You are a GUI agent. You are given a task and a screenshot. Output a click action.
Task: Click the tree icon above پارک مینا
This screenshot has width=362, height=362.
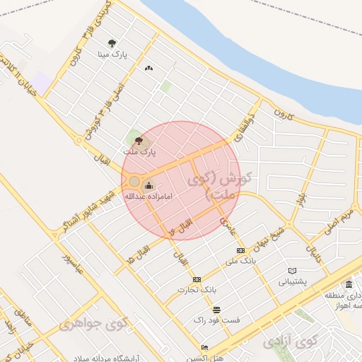click(x=112, y=44)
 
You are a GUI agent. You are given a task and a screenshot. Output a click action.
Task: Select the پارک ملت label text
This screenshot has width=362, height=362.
click(x=139, y=151)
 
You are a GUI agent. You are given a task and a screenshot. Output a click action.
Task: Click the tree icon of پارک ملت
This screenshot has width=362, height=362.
click(x=139, y=141)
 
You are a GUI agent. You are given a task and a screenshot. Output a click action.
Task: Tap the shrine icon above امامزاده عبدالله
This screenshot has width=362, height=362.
click(x=148, y=187)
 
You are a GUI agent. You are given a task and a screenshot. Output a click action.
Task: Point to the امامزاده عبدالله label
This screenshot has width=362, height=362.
click(x=145, y=197)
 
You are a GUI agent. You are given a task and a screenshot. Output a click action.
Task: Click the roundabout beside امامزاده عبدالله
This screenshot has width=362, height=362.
click(x=134, y=181)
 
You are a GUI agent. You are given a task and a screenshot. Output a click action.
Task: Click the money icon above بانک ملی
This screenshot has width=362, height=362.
click(x=240, y=251)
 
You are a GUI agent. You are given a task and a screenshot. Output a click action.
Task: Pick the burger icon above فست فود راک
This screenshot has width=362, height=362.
click(x=216, y=310)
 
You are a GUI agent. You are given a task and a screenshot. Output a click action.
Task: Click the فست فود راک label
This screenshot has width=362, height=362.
click(x=216, y=320)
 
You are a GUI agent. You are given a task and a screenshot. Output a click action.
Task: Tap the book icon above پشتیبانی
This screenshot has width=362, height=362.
click(x=293, y=271)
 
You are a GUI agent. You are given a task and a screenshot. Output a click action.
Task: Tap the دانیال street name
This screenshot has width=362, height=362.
click(x=313, y=250)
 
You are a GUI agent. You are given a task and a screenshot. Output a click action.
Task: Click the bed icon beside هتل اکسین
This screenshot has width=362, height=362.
click(x=205, y=348)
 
